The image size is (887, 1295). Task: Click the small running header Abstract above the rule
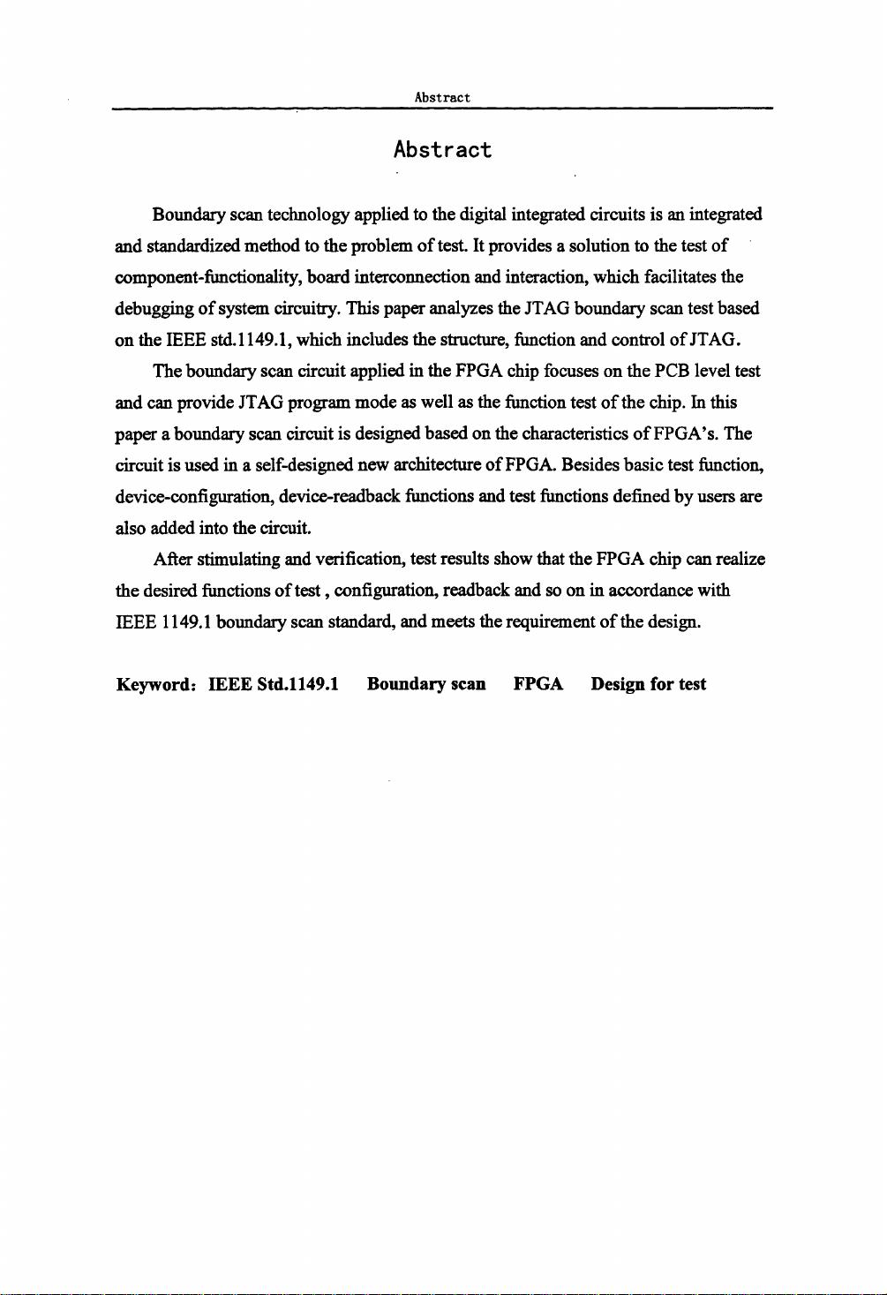coord(442,97)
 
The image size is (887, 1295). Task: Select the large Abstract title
coord(442,150)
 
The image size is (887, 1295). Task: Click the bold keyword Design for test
coord(649,684)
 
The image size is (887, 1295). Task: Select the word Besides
coord(593,465)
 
